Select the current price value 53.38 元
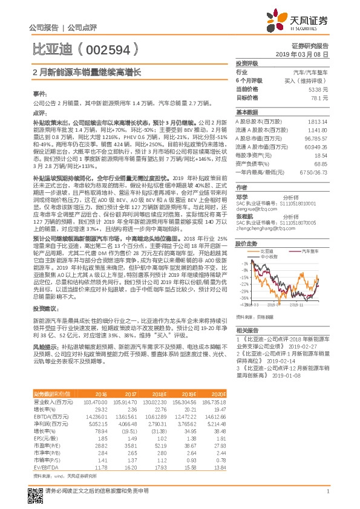pos(318,89)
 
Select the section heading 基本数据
pos(247,112)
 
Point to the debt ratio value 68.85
pos(320,163)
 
